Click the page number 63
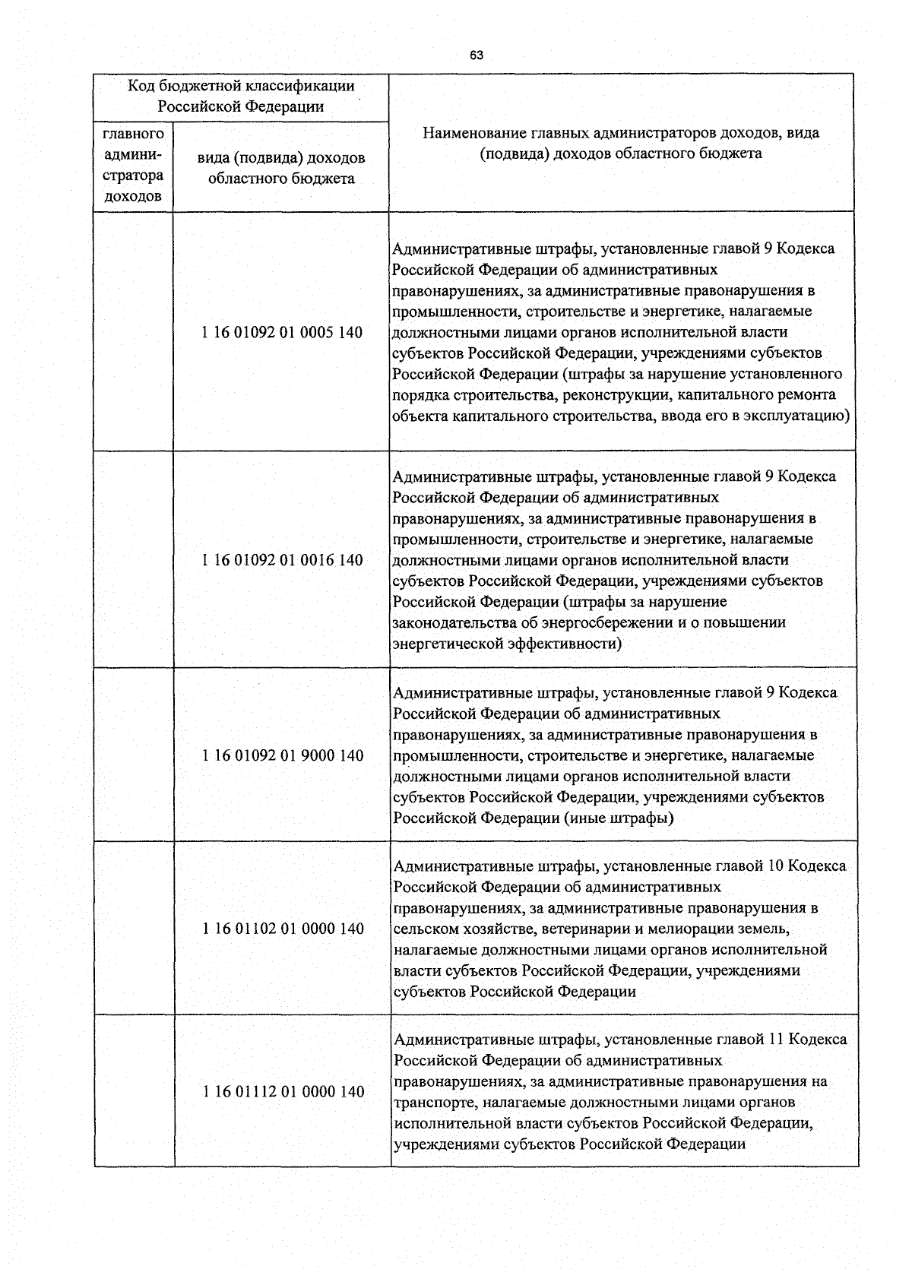[x=477, y=55]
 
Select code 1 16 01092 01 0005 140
[x=282, y=332]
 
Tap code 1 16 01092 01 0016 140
[x=282, y=560]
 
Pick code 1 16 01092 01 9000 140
[x=283, y=755]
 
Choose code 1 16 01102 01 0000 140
[x=283, y=928]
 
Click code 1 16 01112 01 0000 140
[x=283, y=1091]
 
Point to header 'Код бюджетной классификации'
[x=240, y=87]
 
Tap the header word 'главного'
[x=133, y=135]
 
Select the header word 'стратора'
[x=133, y=176]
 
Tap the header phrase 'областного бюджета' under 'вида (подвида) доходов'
[x=281, y=179]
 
